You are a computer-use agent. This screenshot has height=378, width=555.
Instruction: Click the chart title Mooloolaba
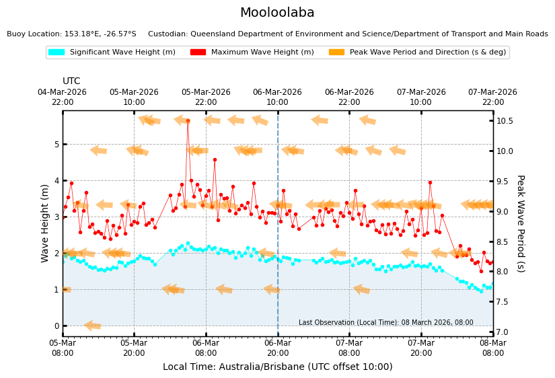277,13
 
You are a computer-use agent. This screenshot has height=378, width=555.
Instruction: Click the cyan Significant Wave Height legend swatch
56,52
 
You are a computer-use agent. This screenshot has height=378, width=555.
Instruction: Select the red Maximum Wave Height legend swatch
198,52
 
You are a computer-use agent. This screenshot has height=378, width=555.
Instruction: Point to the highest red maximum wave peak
188,121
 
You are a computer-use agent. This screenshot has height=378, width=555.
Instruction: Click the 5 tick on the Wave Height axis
56,145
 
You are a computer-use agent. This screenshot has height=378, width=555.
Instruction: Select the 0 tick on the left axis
56,326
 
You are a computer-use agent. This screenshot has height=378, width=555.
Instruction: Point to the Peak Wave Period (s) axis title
520,223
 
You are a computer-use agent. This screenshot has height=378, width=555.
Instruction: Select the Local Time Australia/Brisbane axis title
277,367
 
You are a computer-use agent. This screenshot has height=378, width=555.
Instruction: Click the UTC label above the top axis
71,81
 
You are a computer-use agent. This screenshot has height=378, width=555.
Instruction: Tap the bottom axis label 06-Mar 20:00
278,348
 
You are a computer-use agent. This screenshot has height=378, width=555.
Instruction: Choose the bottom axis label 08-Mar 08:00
492,348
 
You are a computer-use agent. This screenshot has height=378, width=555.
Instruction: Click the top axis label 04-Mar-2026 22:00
63,97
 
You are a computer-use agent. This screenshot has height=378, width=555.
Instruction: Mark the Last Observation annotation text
386,323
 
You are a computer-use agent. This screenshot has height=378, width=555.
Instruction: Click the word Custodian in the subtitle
169,34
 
